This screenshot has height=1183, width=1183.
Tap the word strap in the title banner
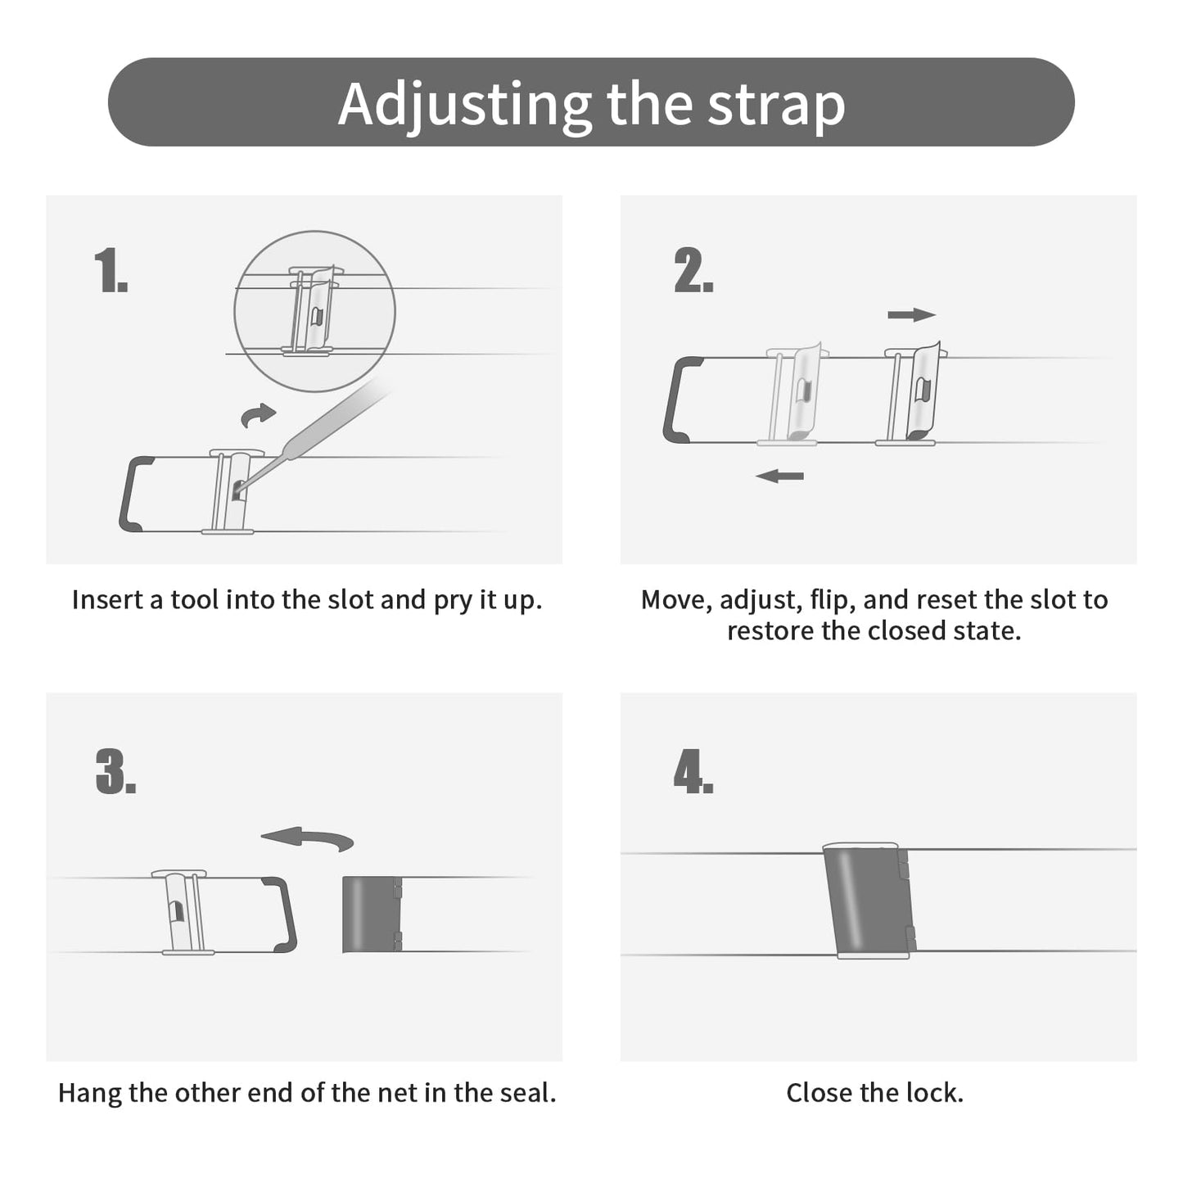(x=777, y=106)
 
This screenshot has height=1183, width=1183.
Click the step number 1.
(x=111, y=270)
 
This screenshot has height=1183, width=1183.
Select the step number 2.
(x=693, y=270)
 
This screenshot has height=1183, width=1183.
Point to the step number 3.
(x=116, y=772)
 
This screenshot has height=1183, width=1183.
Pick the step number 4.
(x=693, y=772)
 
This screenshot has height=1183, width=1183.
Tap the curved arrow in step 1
(x=258, y=415)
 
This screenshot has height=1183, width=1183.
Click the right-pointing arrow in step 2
(x=912, y=315)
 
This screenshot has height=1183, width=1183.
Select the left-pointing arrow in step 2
(x=779, y=476)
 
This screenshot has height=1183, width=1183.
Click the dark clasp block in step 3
(x=372, y=914)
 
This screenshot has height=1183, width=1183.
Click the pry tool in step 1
(x=313, y=433)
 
